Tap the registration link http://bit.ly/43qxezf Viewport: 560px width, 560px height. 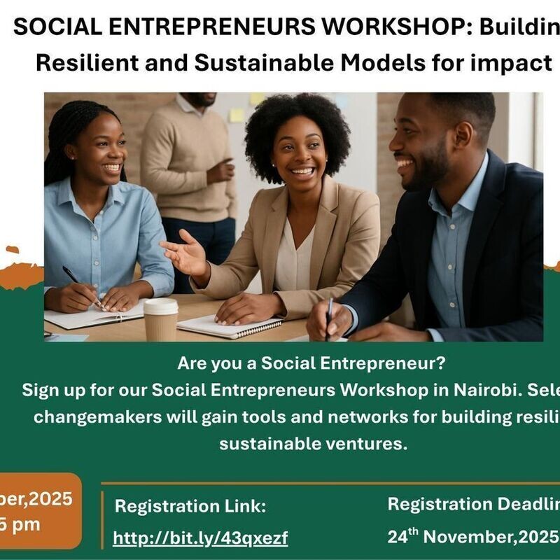pyautogui.click(x=200, y=538)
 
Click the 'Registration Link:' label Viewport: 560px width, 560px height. pyautogui.click(x=190, y=506)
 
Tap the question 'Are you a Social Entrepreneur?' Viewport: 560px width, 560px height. pyautogui.click(x=311, y=364)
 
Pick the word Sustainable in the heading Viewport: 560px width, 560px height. pyautogui.click(x=260, y=63)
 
